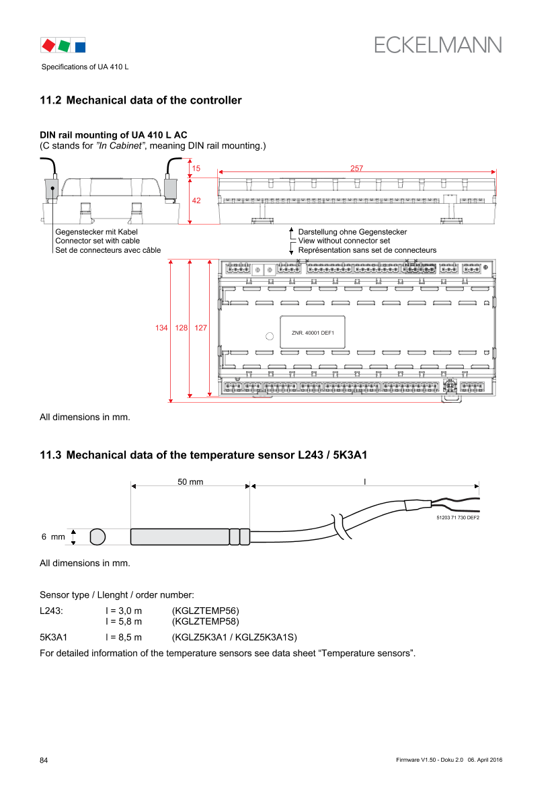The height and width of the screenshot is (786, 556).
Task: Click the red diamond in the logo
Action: tap(48, 45)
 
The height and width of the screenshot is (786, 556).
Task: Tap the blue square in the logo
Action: tap(80, 47)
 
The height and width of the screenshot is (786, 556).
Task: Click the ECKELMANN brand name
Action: tap(438, 45)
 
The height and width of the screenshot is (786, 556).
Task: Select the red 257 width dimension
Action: tap(356, 168)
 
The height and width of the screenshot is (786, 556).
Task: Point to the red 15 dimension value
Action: tap(196, 168)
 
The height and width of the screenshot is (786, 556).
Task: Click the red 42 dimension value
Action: tap(196, 200)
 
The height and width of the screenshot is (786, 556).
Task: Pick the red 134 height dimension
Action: tap(161, 328)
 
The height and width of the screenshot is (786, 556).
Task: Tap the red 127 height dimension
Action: tap(200, 328)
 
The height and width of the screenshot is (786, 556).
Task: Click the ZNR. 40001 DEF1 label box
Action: tap(313, 332)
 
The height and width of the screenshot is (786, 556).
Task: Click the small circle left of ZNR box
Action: tap(270, 336)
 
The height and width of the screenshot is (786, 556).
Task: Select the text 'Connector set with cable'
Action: tap(97, 241)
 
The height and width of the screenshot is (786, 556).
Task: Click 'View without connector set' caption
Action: tap(344, 241)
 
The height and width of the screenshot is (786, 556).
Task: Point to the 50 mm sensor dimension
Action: tap(190, 481)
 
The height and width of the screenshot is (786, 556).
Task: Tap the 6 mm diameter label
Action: tap(53, 537)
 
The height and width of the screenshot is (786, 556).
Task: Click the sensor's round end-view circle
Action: tap(97, 537)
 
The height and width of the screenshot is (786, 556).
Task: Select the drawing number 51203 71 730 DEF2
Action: tap(458, 518)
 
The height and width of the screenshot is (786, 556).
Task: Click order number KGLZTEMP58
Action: tap(206, 621)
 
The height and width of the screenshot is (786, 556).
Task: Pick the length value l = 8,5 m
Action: tap(123, 637)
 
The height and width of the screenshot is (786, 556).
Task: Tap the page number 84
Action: tap(44, 760)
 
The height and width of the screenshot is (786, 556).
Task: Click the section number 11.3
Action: tap(50, 455)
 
